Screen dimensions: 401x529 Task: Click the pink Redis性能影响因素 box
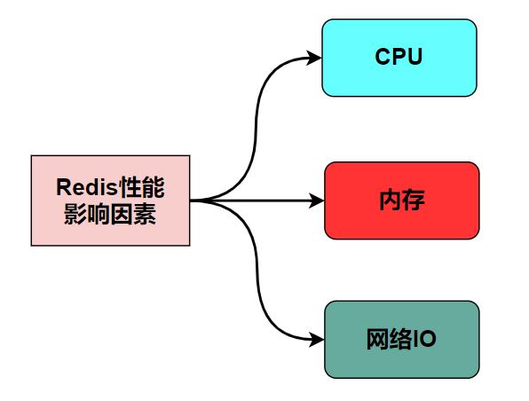pyautogui.click(x=110, y=200)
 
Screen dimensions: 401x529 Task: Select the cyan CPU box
pyautogui.click(x=399, y=58)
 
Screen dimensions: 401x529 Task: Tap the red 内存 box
pyautogui.click(x=401, y=200)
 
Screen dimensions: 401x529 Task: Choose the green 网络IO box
pyautogui.click(x=401, y=339)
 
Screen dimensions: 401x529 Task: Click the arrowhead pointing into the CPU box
pyautogui.click(x=314, y=58)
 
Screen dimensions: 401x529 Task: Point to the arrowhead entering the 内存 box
pyautogui.click(x=318, y=200)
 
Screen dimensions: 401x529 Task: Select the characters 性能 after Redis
pyautogui.click(x=140, y=188)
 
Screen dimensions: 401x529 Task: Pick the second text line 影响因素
pyautogui.click(x=110, y=214)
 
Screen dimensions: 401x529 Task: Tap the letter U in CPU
pyautogui.click(x=414, y=58)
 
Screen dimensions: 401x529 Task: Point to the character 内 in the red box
pyautogui.click(x=389, y=200)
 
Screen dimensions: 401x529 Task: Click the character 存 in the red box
pyautogui.click(x=414, y=200)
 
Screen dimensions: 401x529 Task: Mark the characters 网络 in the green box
pyautogui.click(x=390, y=339)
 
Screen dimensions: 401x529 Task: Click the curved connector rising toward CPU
pyautogui.click(x=256, y=124)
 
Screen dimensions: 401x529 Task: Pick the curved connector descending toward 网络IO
pyautogui.click(x=257, y=275)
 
